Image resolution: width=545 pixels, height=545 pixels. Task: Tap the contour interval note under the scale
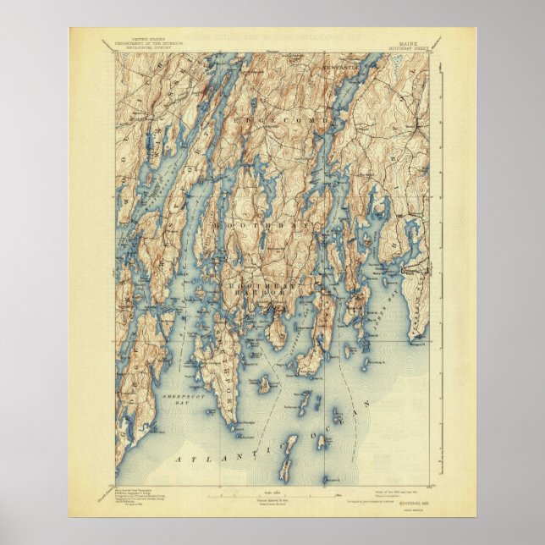[272, 504]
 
